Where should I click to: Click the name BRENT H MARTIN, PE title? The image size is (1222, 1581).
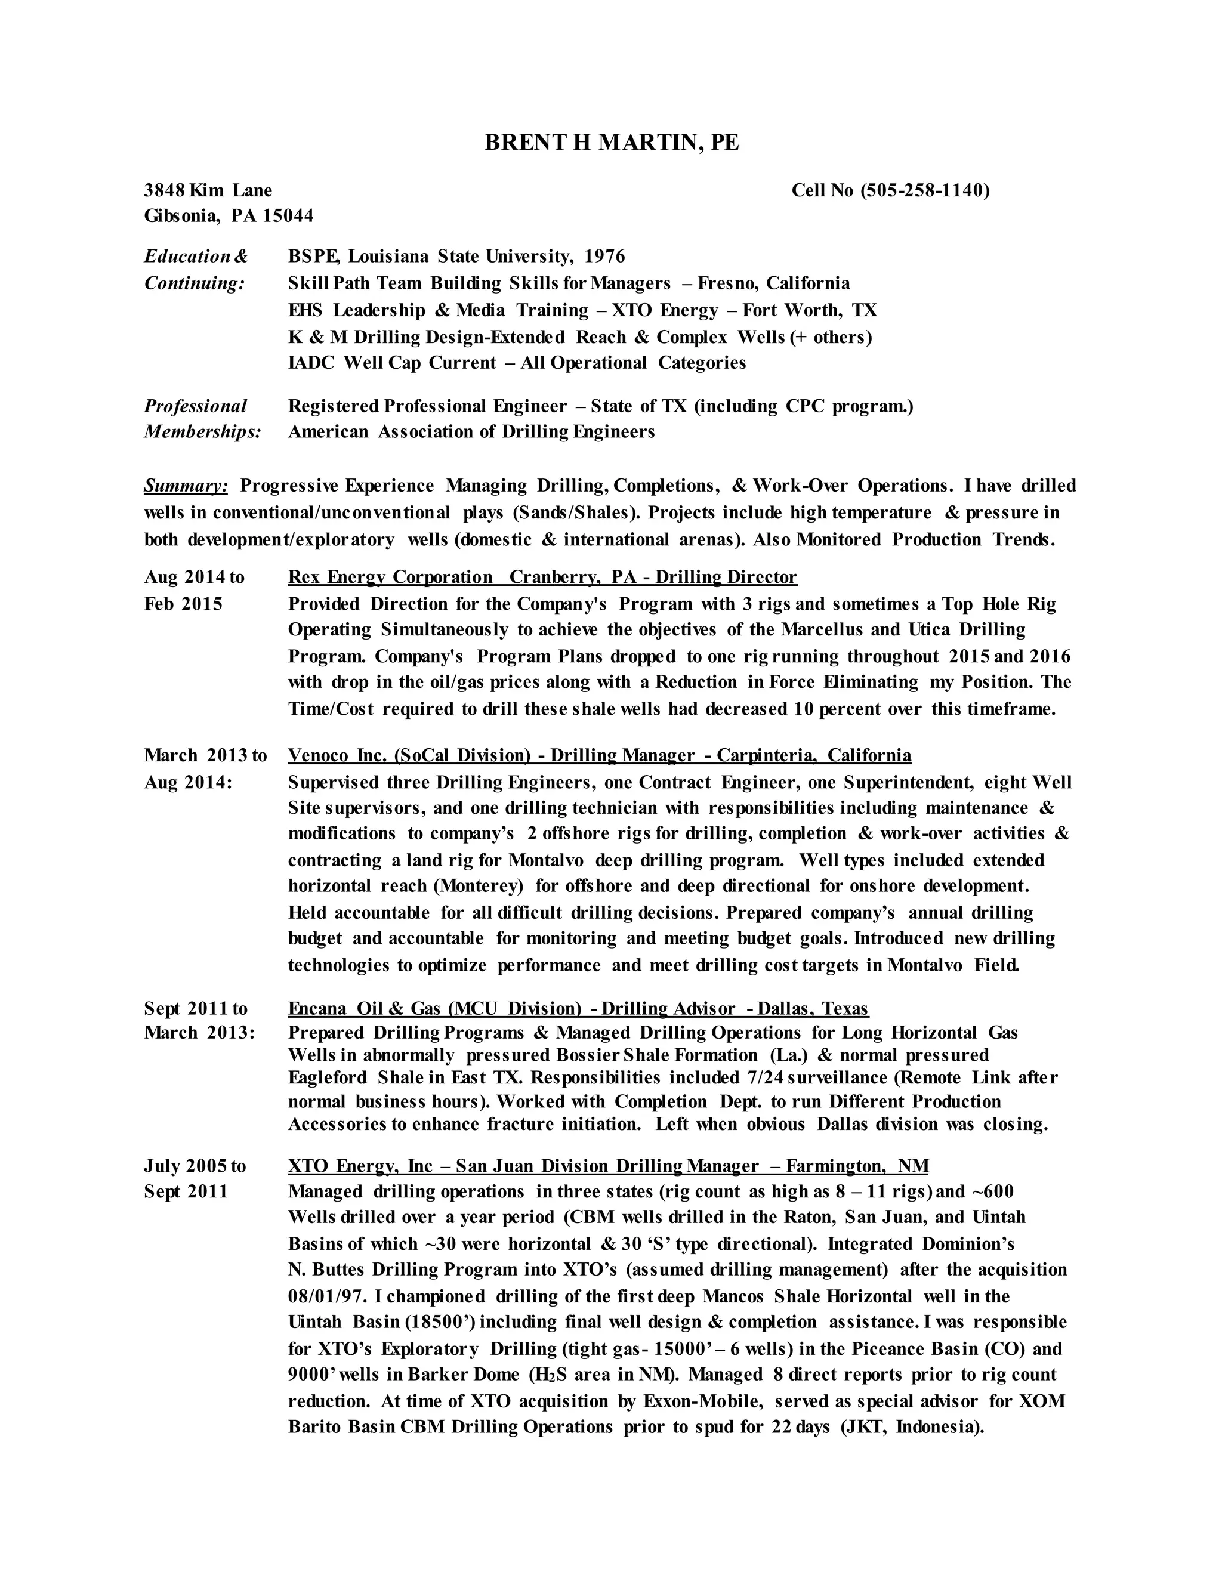click(x=612, y=143)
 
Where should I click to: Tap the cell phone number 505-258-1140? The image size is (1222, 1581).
click(x=924, y=190)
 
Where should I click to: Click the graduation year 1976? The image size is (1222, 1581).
click(x=604, y=257)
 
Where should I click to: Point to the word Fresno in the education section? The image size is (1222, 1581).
click(x=726, y=283)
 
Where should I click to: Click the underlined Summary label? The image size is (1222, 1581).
click(x=186, y=486)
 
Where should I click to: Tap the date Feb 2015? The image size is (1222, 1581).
click(x=183, y=604)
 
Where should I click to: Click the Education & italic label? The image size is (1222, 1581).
click(x=196, y=257)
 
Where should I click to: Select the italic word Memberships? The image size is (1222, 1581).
click(x=202, y=432)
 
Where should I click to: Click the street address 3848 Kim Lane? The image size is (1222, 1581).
click(x=208, y=190)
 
